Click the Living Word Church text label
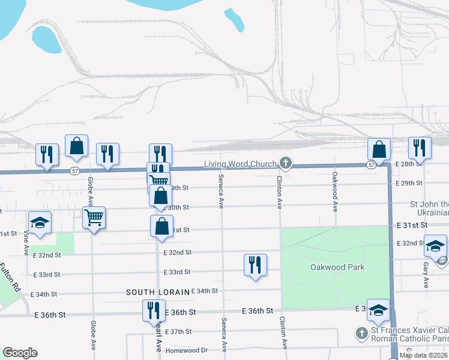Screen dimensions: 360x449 (x=240, y=164)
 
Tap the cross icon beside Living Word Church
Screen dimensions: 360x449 (x=286, y=163)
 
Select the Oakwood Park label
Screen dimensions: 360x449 (x=334, y=267)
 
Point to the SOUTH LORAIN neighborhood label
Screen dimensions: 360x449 (x=157, y=292)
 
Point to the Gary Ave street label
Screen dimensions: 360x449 (x=425, y=274)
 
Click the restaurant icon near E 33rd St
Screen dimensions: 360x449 (x=255, y=264)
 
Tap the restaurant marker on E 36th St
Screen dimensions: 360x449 (x=153, y=310)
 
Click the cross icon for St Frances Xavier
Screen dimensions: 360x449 (x=361, y=332)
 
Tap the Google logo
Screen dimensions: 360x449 (x=20, y=353)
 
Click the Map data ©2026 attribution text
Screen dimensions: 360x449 (x=424, y=355)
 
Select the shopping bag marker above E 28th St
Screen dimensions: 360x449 (x=379, y=148)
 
